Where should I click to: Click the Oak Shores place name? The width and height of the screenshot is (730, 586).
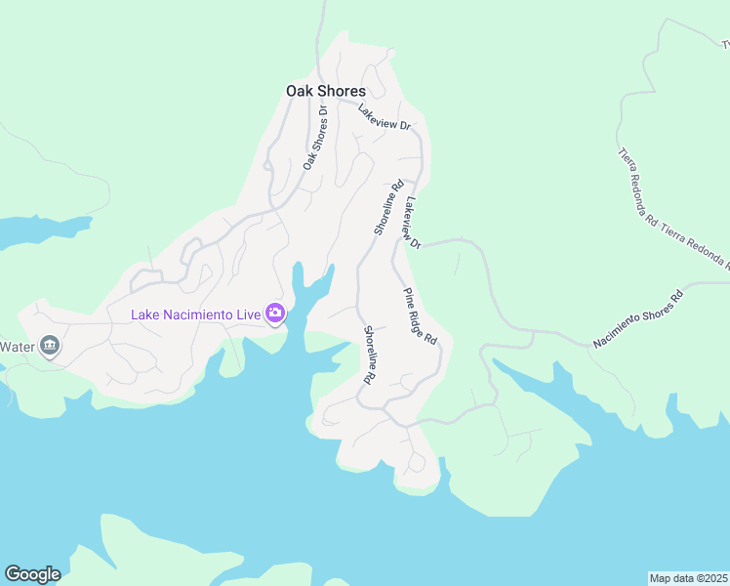(x=326, y=91)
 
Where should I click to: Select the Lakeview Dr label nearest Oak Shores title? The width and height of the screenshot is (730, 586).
(x=385, y=117)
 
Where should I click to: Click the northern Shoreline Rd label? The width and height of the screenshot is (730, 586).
(x=388, y=207)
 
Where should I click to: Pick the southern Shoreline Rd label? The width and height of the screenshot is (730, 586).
(x=370, y=354)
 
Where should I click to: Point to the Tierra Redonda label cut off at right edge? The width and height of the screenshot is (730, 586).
(x=695, y=243)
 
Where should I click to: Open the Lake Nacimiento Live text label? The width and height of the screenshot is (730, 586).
(x=196, y=314)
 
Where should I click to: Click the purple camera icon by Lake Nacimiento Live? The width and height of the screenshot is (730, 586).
(x=275, y=314)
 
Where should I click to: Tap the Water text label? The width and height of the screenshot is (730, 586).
(x=17, y=346)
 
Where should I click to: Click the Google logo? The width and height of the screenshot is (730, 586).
(x=32, y=574)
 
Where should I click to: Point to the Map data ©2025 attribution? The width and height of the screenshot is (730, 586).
(x=688, y=577)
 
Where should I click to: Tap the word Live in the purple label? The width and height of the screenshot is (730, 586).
(x=248, y=314)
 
